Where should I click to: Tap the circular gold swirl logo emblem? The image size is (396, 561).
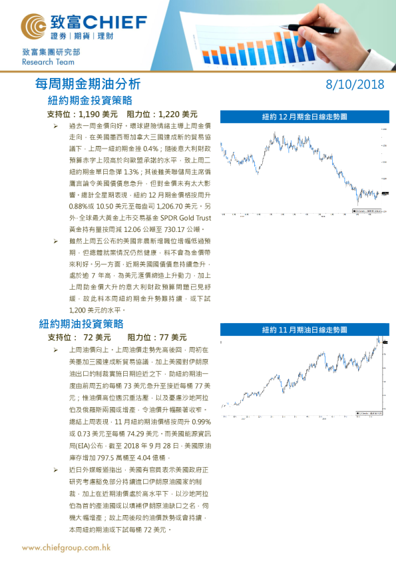click(x=33, y=27)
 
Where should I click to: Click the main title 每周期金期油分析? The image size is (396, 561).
click(x=87, y=85)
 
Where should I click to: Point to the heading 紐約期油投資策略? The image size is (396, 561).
click(x=81, y=324)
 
